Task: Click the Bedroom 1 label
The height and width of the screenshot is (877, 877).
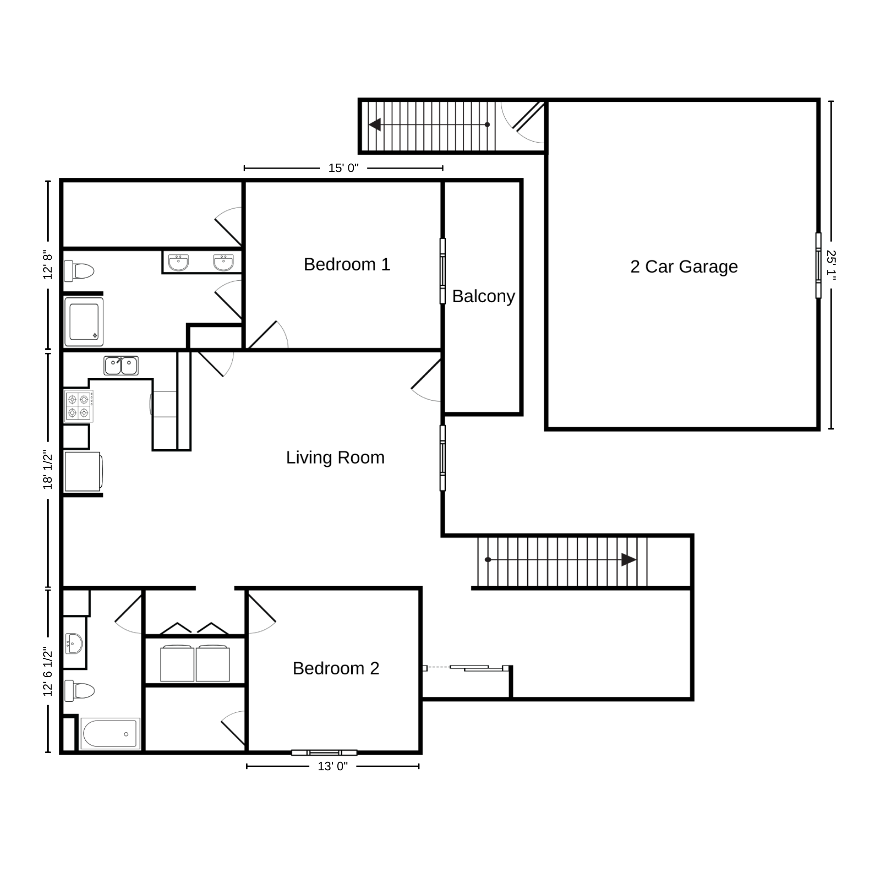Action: (x=347, y=265)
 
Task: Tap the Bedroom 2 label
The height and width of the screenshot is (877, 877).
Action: (x=336, y=668)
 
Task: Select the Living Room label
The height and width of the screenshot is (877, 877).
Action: (x=335, y=458)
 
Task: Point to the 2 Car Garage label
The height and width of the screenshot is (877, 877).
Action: (x=684, y=267)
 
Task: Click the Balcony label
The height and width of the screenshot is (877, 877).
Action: (x=483, y=296)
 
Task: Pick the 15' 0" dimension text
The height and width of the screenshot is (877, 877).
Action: (x=343, y=168)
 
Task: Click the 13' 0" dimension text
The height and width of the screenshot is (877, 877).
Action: (x=333, y=766)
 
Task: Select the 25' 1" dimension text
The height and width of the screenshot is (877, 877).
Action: (x=831, y=266)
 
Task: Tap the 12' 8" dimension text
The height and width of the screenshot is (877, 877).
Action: (x=48, y=266)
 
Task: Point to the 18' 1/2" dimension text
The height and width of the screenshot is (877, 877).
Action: (x=48, y=470)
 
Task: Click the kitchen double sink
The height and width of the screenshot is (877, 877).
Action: (x=121, y=365)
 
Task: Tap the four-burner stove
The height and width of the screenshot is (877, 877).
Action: (x=78, y=406)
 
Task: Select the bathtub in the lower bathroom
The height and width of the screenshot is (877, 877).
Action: (x=110, y=734)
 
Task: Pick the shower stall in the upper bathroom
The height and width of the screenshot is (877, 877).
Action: (x=84, y=322)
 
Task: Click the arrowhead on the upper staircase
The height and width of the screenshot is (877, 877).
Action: (x=375, y=125)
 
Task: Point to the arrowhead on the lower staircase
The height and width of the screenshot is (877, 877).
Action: (x=629, y=560)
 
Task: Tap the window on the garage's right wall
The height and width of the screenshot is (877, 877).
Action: (x=819, y=266)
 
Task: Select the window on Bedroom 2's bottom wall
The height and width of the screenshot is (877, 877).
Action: (x=324, y=753)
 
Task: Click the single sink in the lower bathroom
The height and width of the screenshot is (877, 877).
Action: (x=74, y=644)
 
